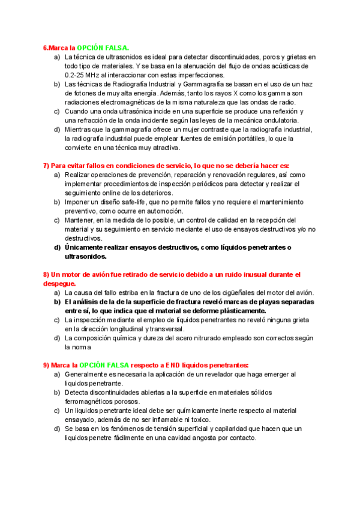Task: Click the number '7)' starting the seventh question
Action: (x=46, y=165)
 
